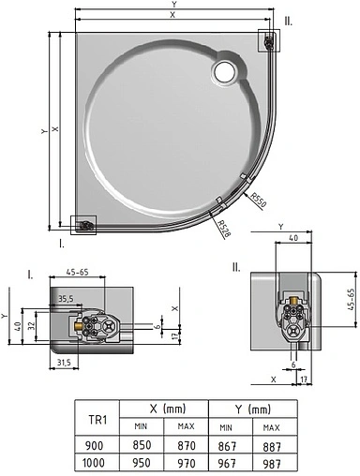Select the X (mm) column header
[169, 410]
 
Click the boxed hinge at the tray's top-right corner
[269, 40]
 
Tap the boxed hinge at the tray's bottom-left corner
[85, 226]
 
